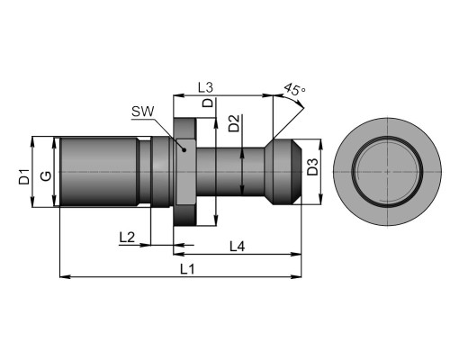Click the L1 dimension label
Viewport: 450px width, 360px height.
[x=187, y=269]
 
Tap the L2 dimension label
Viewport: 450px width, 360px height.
[x=127, y=238]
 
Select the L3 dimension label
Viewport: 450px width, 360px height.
[x=205, y=87]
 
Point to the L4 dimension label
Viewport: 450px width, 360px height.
[x=238, y=247]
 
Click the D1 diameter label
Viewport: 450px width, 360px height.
[x=24, y=176]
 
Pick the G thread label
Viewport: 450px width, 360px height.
[x=46, y=175]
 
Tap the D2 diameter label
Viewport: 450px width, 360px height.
[x=234, y=123]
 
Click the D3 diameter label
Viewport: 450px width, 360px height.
[x=312, y=167]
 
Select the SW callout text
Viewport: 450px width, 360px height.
[x=143, y=112]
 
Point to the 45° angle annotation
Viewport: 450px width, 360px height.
[x=294, y=89]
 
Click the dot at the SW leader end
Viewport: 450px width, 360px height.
[x=184, y=149]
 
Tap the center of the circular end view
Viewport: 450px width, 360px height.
[x=387, y=172]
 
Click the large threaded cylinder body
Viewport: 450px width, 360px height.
[x=99, y=172]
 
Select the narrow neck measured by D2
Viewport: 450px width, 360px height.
[x=230, y=172]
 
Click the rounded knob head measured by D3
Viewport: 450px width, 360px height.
[x=283, y=172]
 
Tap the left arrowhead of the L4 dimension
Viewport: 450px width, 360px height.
[x=178, y=255]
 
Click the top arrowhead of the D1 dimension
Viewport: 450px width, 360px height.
[x=32, y=141]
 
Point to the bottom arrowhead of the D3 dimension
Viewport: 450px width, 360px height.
[x=320, y=200]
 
